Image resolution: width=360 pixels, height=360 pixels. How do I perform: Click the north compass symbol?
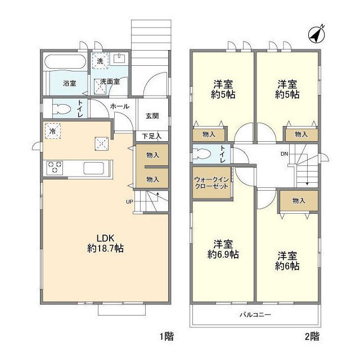(x=316, y=35)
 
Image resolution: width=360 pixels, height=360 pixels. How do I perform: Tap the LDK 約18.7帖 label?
(x=106, y=244)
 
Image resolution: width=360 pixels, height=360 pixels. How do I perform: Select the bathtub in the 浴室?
(x=65, y=61)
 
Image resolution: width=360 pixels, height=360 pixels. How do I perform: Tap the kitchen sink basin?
(x=93, y=168)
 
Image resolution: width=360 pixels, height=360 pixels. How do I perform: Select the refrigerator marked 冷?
(x=53, y=131)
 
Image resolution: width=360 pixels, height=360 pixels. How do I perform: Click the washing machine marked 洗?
(x=100, y=61)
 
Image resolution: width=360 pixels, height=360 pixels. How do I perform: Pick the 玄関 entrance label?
(x=152, y=116)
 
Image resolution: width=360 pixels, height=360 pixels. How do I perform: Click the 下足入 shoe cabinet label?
(x=151, y=136)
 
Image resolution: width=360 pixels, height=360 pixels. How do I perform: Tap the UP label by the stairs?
(x=129, y=202)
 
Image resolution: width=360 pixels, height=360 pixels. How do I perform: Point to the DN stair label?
(x=284, y=154)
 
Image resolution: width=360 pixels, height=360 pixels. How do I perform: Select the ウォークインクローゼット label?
(x=211, y=183)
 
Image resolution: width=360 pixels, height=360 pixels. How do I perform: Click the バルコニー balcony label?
(x=255, y=314)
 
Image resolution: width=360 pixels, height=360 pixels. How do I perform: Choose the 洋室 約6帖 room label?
(x=287, y=261)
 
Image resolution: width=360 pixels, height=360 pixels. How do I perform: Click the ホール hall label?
(x=120, y=106)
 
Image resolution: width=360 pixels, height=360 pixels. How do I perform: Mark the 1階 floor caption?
(x=166, y=337)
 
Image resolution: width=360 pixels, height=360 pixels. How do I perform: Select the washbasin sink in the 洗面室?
(x=119, y=58)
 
